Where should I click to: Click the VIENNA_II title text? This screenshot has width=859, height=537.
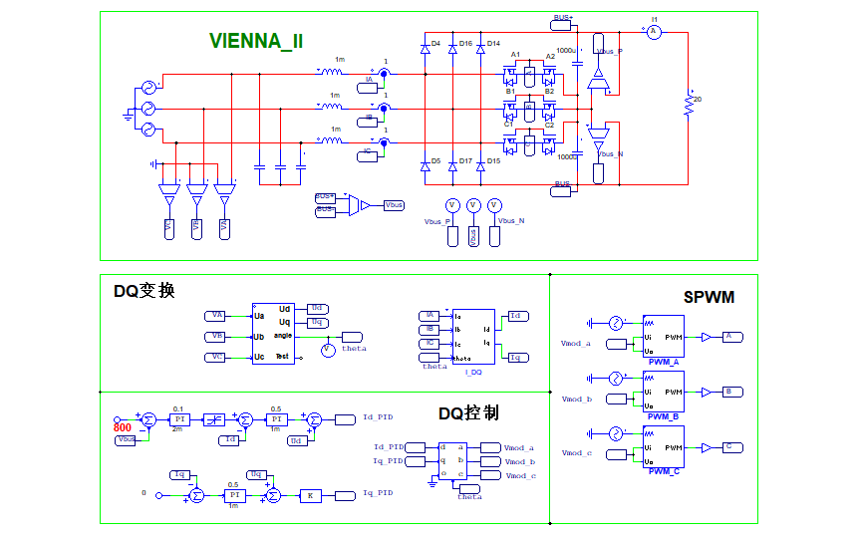tap(256, 41)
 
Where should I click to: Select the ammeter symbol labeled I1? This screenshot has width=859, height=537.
tap(655, 32)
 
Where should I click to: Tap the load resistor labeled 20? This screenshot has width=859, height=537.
tap(688, 104)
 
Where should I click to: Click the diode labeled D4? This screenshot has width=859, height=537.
tap(425, 44)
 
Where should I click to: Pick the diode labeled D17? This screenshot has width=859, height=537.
tap(453, 161)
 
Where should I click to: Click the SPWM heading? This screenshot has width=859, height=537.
tap(709, 297)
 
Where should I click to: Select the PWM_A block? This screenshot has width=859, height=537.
tap(663, 336)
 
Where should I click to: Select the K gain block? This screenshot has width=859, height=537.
tap(310, 495)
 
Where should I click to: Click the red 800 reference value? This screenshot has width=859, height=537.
tap(123, 427)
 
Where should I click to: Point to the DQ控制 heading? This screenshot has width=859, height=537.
tap(468, 412)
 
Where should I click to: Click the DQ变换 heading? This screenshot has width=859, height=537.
tap(144, 291)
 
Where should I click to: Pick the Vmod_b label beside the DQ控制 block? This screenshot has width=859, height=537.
tap(520, 461)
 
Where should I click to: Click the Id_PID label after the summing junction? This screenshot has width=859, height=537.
tap(379, 418)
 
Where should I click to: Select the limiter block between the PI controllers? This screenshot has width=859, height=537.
tap(214, 419)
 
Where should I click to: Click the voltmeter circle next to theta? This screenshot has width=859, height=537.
tap(328, 349)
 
